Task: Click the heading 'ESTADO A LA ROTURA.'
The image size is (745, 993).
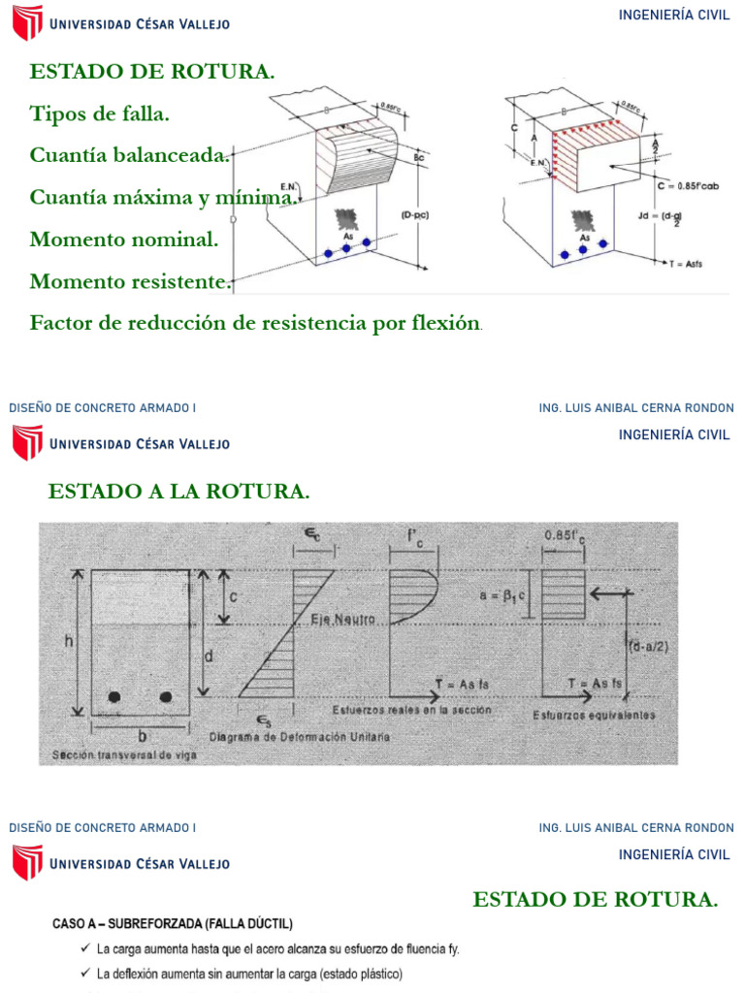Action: (178, 492)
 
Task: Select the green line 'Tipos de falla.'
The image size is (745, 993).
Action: (99, 113)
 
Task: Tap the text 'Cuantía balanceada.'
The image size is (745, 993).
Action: (130, 155)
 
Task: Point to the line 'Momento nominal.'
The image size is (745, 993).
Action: (124, 239)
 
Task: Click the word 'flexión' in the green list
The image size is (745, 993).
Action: (445, 323)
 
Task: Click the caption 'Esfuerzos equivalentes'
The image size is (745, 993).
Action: (594, 716)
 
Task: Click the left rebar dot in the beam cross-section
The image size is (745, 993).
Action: (115, 696)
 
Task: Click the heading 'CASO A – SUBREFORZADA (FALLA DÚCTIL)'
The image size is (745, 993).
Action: (172, 924)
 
